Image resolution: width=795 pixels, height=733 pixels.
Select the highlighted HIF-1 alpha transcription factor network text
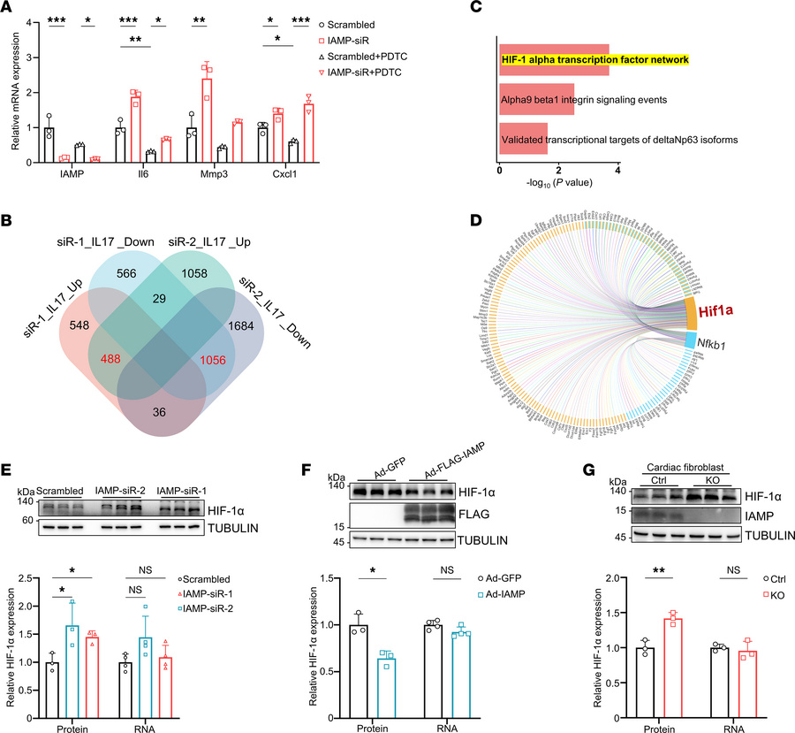pyautogui.click(x=594, y=60)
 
